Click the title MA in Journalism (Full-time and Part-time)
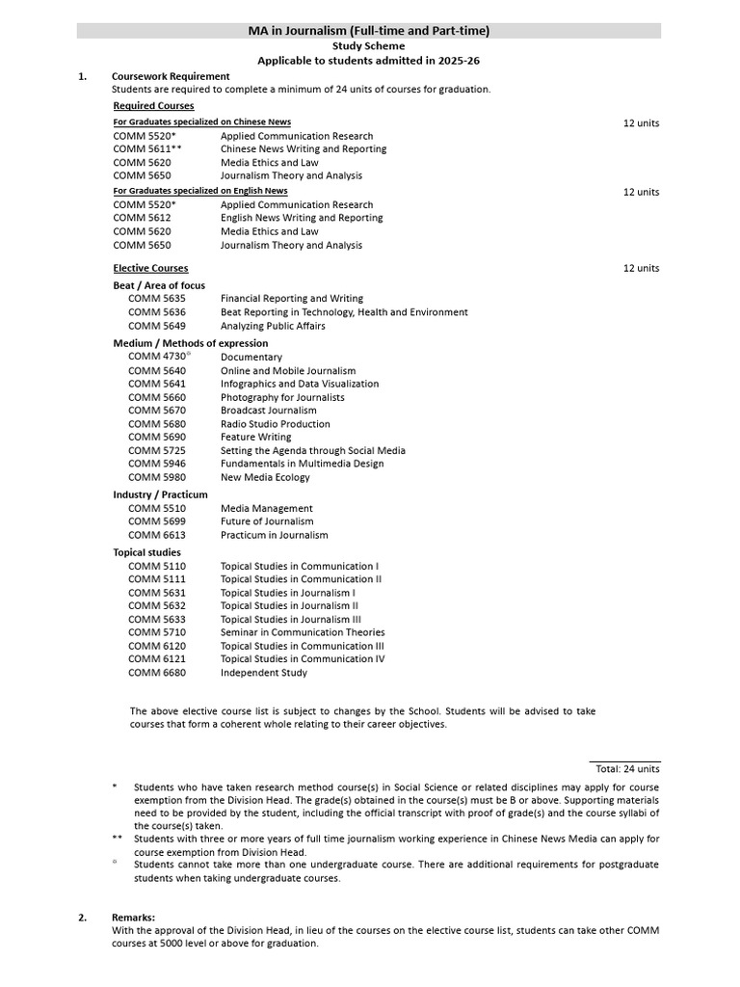[x=369, y=31]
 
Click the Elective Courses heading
[x=150, y=268]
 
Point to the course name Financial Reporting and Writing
[x=291, y=299]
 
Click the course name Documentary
[x=251, y=357]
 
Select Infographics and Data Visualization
[x=299, y=384]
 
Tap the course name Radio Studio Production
[x=275, y=424]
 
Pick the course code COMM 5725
[x=156, y=450]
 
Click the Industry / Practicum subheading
[x=160, y=494]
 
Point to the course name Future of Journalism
[x=266, y=521]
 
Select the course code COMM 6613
[x=156, y=535]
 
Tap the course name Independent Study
[x=263, y=673]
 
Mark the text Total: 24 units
[x=626, y=769]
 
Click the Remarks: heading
[x=133, y=918]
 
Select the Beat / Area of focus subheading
[x=159, y=285]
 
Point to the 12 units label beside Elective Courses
[x=641, y=268]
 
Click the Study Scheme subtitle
[x=368, y=45]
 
